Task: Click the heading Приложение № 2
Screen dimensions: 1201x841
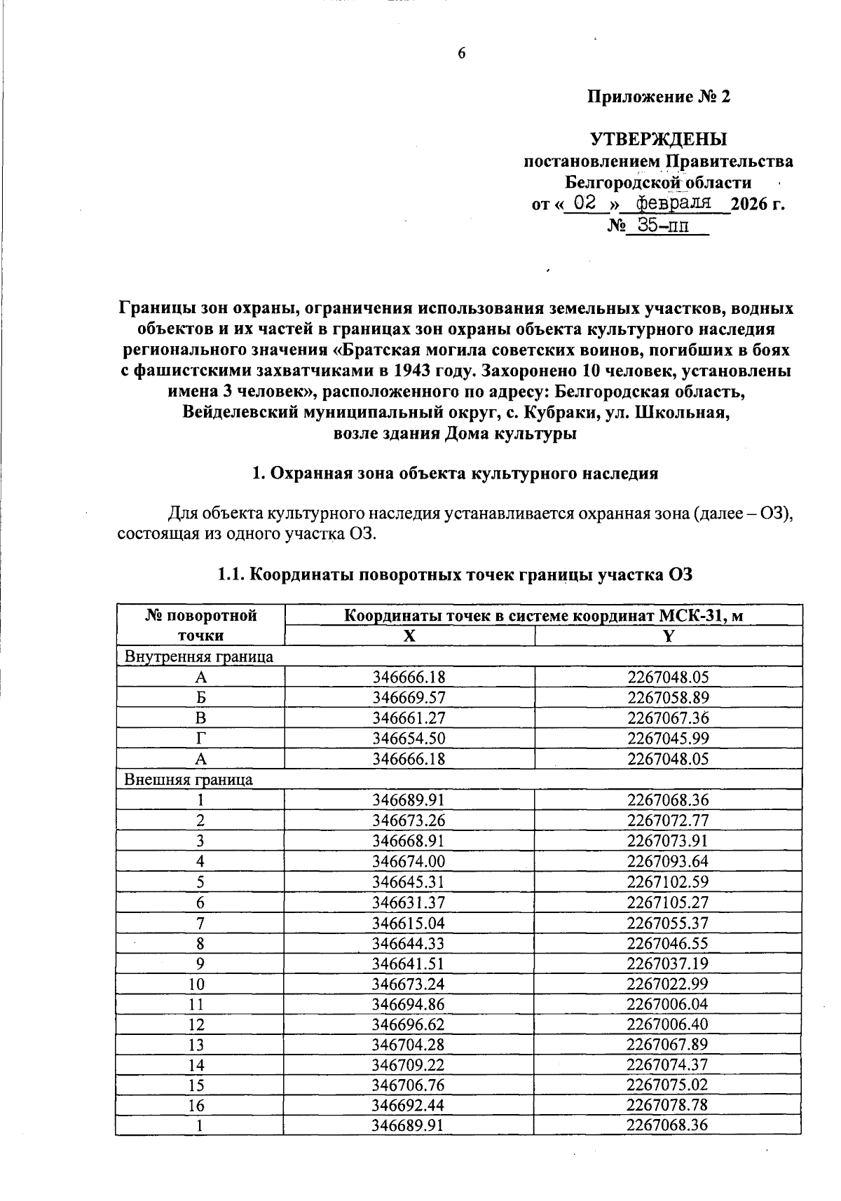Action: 659,97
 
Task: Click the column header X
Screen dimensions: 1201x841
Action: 409,636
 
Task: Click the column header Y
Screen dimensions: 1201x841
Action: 668,636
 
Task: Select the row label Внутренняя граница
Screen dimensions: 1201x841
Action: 198,657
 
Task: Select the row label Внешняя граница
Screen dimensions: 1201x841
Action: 189,779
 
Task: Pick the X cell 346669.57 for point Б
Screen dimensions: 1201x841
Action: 409,697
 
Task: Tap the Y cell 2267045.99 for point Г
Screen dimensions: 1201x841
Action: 668,738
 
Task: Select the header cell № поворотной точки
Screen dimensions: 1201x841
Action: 200,625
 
